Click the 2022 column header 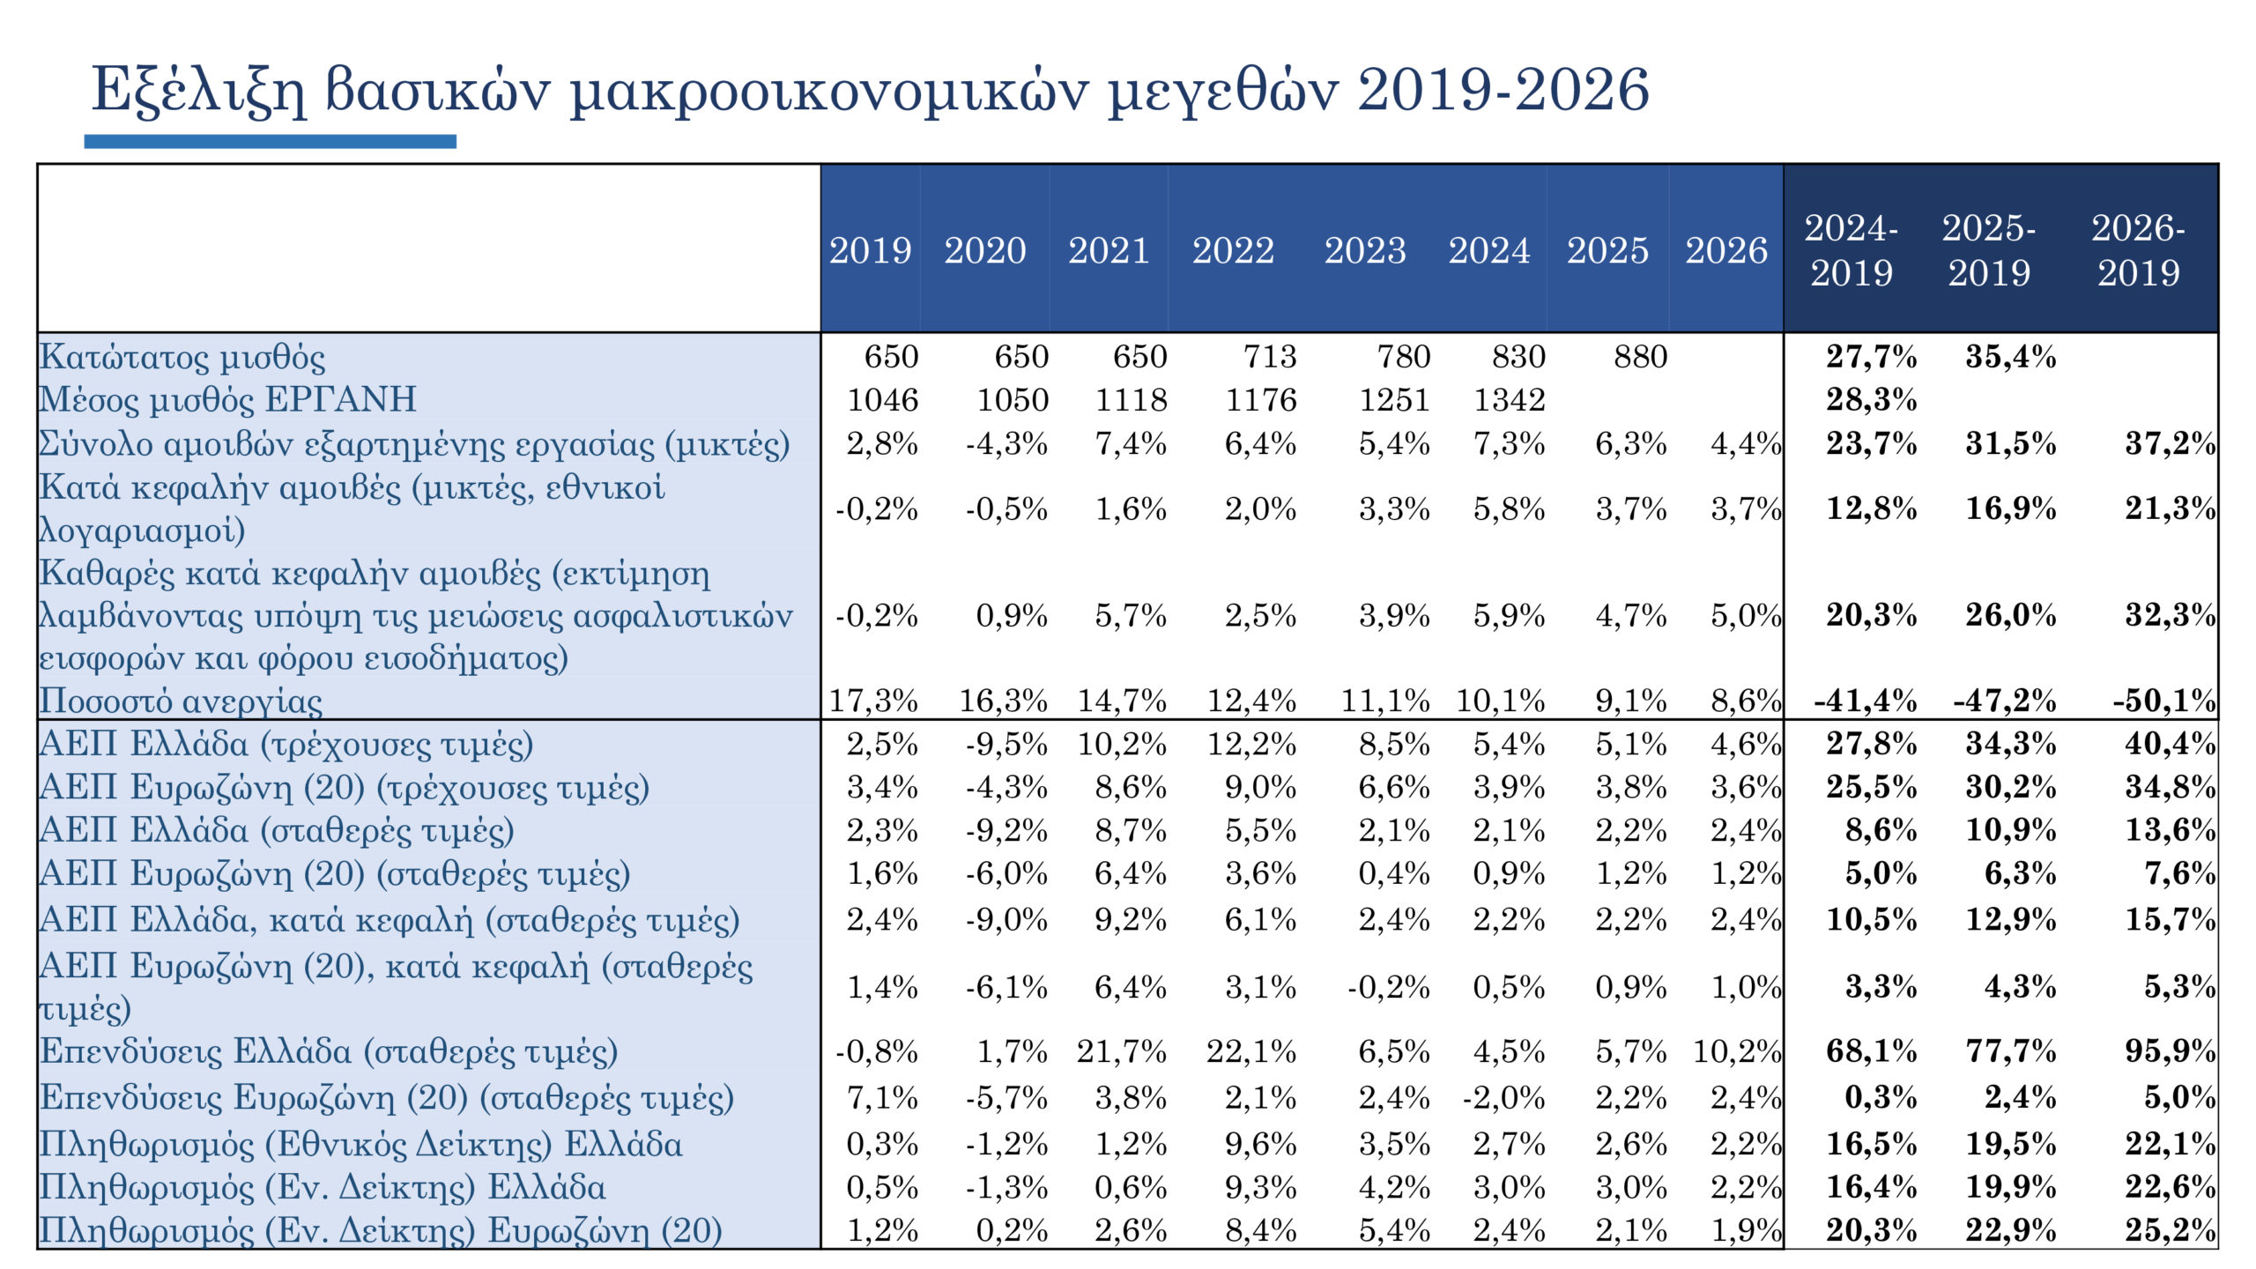pos(1233,251)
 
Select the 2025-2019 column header pos(1989,251)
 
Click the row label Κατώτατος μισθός pos(182,357)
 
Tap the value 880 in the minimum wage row pos(1640,357)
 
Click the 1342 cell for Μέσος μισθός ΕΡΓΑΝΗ pos(1510,400)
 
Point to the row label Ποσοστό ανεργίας pos(181,701)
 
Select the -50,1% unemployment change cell pos(2163,701)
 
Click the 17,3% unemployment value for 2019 pos(873,701)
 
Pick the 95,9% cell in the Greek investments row pos(2170,1051)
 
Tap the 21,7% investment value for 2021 pos(1121,1051)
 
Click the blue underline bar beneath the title pos(270,141)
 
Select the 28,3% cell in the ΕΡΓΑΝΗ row pos(1871,400)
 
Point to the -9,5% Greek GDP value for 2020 pos(1006,745)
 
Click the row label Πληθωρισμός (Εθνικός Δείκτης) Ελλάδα pos(361,1145)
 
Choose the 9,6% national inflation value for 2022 pos(1260,1145)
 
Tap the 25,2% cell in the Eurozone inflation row pos(2170,1230)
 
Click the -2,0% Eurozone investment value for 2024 pos(1503,1098)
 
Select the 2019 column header pos(870,251)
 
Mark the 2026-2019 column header pos(2138,251)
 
